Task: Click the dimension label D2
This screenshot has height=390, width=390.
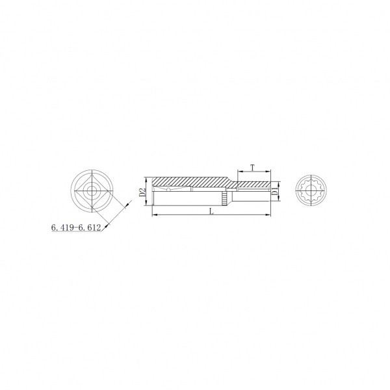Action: tap(142, 192)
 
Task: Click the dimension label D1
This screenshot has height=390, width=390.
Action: tap(274, 192)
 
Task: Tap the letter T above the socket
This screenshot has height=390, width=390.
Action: tap(252, 168)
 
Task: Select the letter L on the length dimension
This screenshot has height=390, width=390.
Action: tap(211, 211)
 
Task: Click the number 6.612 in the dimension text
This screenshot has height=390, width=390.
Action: tap(89, 227)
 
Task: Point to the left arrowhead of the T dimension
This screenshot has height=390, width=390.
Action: tap(240, 171)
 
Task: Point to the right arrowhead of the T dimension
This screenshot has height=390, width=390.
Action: tap(268, 171)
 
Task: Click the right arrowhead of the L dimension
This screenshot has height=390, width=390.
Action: tap(268, 214)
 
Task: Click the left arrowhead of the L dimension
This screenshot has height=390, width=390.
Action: tap(155, 214)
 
